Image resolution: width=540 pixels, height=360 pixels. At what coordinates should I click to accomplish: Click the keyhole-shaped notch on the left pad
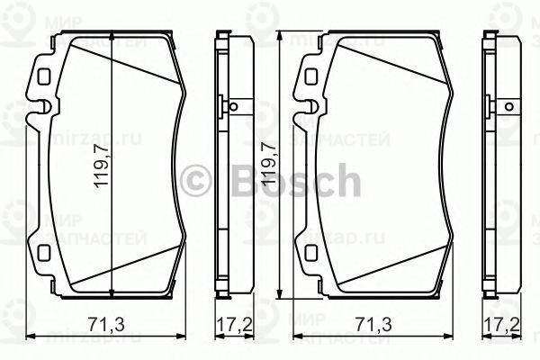43,108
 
